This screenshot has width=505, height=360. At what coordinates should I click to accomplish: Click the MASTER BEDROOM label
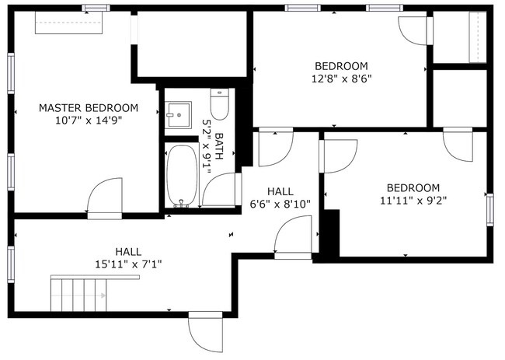click(89, 107)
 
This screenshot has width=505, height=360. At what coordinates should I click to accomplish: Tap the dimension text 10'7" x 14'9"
click(89, 121)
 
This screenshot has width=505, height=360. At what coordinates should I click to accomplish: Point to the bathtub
click(182, 175)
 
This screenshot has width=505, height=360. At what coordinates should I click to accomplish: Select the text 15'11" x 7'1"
click(128, 264)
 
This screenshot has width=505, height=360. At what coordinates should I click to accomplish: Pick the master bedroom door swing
click(106, 198)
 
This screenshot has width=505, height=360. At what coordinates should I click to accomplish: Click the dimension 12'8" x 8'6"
click(341, 79)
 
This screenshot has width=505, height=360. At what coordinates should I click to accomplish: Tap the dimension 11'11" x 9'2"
click(413, 200)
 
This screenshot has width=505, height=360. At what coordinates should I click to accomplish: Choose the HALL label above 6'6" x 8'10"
click(280, 191)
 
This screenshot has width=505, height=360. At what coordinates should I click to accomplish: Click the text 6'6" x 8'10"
click(280, 204)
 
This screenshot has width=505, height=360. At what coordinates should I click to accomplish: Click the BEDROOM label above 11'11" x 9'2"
click(413, 187)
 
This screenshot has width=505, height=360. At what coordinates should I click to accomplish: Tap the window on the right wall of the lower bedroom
click(489, 208)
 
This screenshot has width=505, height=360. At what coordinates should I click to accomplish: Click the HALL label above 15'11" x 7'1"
click(128, 251)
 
